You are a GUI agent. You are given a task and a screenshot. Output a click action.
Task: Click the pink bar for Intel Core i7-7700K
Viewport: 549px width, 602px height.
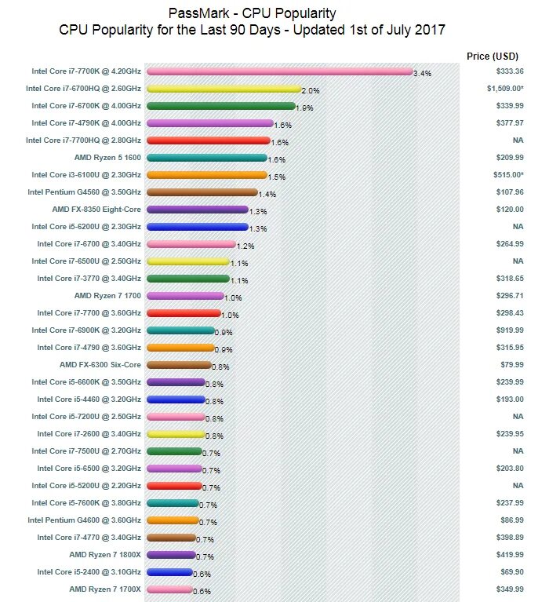pyautogui.click(x=279, y=71)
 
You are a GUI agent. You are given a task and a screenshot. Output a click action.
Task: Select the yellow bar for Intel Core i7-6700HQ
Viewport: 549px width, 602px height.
pyautogui.click(x=224, y=89)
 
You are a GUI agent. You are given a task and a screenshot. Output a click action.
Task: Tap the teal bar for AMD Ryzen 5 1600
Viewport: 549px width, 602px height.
pyautogui.click(x=206, y=158)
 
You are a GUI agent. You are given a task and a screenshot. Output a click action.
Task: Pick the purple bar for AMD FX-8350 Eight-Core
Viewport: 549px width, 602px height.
pyautogui.click(x=197, y=210)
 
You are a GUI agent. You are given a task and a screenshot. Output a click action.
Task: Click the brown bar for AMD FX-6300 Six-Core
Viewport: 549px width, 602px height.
pyautogui.click(x=178, y=365)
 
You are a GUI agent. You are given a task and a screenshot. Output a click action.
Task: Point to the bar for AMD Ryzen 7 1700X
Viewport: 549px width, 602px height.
pyautogui.click(x=169, y=589)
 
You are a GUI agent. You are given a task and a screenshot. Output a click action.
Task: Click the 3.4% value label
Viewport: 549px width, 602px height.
pyautogui.click(x=423, y=73)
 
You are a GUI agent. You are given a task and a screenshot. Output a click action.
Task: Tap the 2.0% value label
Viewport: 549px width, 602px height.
pyautogui.click(x=311, y=90)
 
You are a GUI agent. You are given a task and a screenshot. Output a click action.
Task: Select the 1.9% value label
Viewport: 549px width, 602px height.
pyautogui.click(x=304, y=108)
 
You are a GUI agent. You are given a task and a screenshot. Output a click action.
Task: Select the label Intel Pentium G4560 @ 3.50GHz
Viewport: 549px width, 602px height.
pyautogui.click(x=84, y=192)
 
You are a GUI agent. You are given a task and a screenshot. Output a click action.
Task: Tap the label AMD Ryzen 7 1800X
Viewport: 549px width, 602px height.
pyautogui.click(x=105, y=555)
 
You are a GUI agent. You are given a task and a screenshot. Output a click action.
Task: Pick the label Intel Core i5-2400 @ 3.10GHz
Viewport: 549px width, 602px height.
pyautogui.click(x=86, y=572)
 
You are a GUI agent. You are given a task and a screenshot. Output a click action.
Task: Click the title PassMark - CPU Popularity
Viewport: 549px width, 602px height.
pyautogui.click(x=253, y=14)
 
